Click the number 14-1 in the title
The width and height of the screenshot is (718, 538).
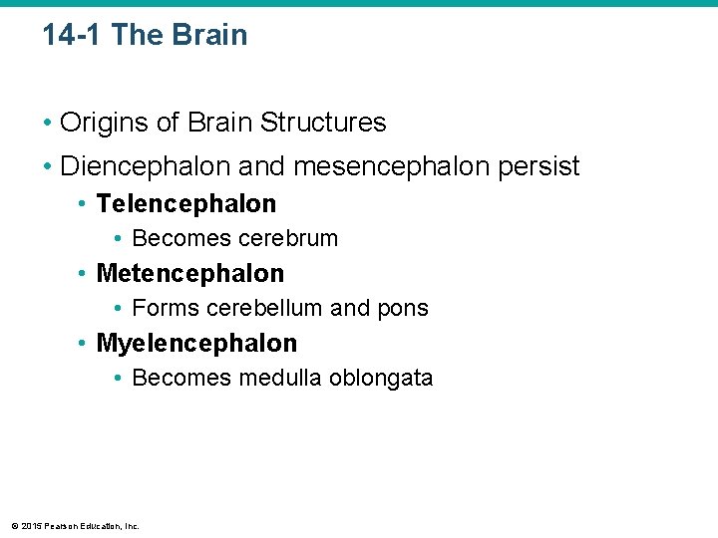pos(73,35)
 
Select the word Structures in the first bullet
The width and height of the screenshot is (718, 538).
pos(323,123)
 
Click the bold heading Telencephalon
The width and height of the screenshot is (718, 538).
pos(186,203)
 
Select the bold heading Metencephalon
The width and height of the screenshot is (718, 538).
pos(190,273)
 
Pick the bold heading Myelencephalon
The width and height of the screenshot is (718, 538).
pos(196,343)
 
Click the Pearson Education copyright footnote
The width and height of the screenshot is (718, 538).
pos(75,525)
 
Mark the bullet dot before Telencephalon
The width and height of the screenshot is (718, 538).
pos(82,204)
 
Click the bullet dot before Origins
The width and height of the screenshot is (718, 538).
pos(47,124)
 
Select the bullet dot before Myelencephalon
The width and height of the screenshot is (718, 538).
pos(82,344)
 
